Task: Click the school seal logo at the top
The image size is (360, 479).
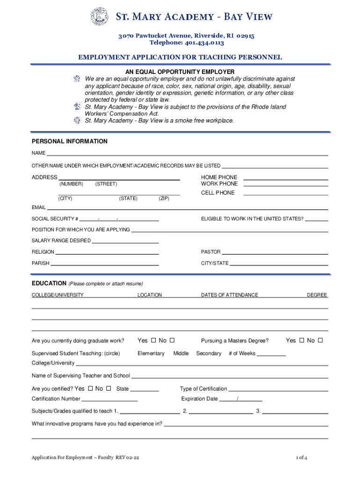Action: click(x=99, y=17)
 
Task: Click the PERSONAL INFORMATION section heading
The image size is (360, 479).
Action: click(x=70, y=141)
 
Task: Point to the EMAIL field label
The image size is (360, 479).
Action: click(x=39, y=207)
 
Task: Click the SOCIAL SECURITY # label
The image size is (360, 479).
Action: click(x=55, y=219)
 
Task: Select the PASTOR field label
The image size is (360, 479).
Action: click(x=211, y=252)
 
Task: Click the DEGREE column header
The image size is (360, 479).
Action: click(x=317, y=295)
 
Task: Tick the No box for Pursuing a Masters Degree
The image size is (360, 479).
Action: click(x=320, y=340)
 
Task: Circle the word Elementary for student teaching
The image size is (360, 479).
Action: click(x=151, y=354)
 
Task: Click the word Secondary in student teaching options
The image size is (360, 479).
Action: click(x=209, y=354)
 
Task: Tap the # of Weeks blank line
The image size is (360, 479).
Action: click(x=271, y=356)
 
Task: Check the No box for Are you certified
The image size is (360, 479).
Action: click(x=108, y=388)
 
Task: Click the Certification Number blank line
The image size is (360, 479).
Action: click(x=109, y=401)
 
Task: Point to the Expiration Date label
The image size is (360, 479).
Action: click(x=200, y=399)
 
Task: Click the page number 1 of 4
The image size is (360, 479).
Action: click(x=301, y=457)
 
